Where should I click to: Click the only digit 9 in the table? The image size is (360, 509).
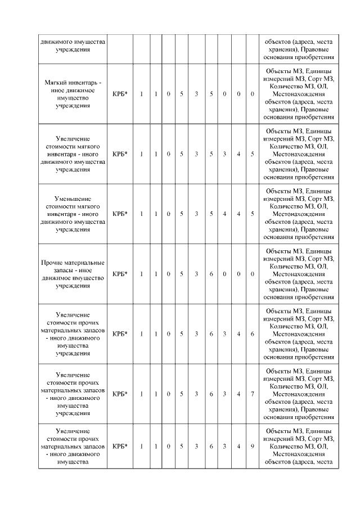tap(253, 446)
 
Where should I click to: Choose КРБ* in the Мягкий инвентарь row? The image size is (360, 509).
tap(120, 93)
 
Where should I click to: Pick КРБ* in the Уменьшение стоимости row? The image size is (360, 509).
tap(120, 214)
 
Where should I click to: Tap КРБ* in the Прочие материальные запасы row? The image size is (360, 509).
tap(120, 274)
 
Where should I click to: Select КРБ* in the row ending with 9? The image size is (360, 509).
tap(120, 446)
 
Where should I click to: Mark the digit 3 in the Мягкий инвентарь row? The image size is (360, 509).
tap(196, 93)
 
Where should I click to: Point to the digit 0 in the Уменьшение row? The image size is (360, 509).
tap(169, 214)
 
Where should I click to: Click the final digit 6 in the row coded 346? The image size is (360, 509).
tap(253, 334)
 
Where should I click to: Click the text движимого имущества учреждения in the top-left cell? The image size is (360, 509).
tap(73, 45)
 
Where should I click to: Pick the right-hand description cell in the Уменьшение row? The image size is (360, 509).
tap(299, 214)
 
